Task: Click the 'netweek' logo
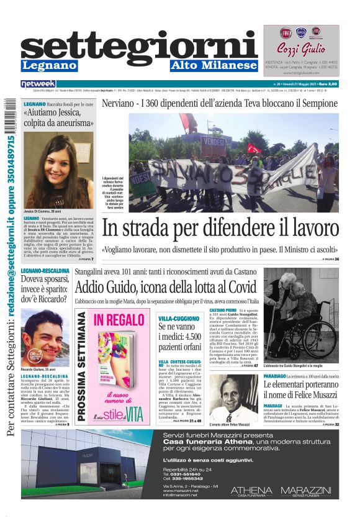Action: coord(38,84)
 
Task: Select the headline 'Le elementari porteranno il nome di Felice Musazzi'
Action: coord(300,389)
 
